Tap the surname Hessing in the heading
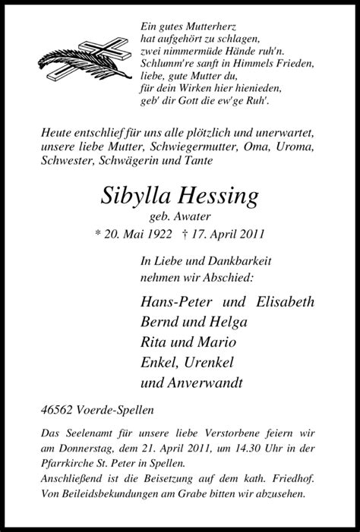(221, 197)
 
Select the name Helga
(227, 321)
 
